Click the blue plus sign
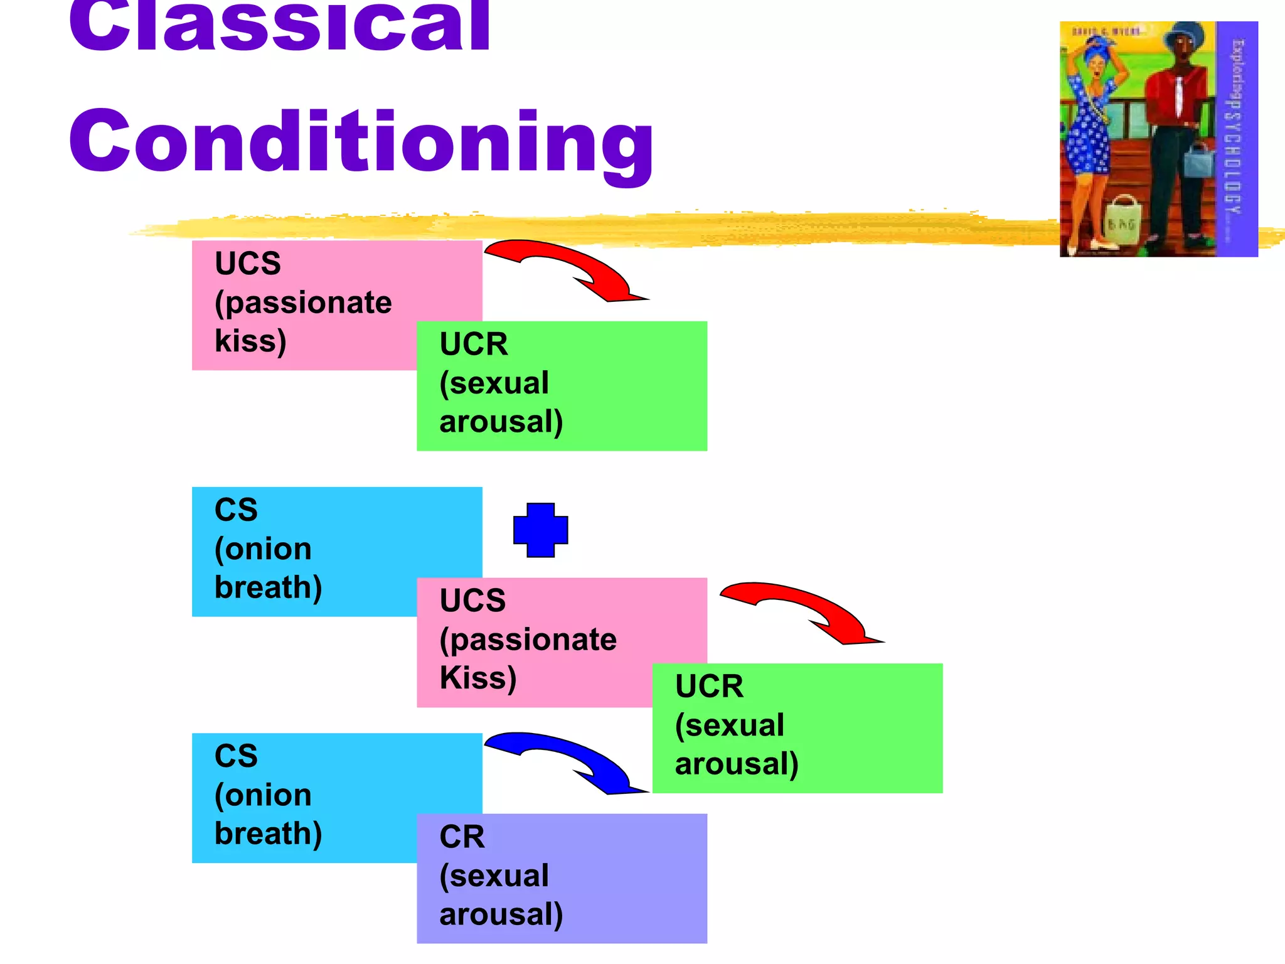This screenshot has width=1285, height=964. (x=540, y=530)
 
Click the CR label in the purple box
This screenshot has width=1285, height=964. (x=462, y=837)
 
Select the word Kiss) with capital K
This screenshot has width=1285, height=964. (x=478, y=678)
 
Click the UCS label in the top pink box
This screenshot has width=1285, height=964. (x=248, y=263)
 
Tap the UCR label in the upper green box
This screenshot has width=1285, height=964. (x=474, y=344)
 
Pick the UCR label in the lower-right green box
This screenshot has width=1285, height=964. (x=709, y=686)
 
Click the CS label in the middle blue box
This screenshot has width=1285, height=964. (x=236, y=510)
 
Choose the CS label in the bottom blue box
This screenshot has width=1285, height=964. (x=236, y=756)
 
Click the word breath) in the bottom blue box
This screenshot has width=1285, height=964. (x=269, y=834)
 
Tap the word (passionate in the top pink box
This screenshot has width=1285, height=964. (x=303, y=303)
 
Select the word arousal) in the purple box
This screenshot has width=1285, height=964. (x=501, y=914)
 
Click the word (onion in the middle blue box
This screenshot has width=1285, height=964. (x=263, y=549)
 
